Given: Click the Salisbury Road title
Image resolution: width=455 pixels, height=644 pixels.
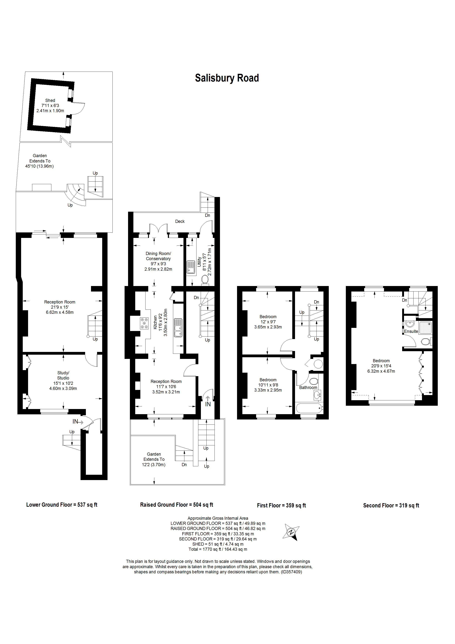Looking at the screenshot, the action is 227,78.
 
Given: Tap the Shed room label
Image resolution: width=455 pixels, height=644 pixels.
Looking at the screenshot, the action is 50,100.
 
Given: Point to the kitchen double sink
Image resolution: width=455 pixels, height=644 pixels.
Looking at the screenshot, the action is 178,328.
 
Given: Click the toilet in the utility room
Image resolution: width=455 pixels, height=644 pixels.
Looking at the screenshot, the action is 205,280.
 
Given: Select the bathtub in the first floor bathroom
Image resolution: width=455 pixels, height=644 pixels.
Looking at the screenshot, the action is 309,408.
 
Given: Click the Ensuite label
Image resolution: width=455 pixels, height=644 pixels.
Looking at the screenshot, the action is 411,331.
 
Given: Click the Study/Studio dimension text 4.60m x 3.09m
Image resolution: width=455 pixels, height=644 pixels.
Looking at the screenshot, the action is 63,388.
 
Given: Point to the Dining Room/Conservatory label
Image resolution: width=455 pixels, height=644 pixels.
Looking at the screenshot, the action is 158,256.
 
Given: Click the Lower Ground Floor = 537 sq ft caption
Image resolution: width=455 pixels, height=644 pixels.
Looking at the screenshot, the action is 62,505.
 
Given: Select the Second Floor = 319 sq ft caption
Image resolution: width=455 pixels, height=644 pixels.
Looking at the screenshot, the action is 391,505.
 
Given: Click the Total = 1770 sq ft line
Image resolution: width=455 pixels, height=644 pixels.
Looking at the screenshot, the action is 218,549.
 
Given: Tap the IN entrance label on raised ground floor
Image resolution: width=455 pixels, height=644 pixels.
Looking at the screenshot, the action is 208,404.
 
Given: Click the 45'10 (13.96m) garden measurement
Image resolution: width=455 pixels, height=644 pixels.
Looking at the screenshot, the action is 39,166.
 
